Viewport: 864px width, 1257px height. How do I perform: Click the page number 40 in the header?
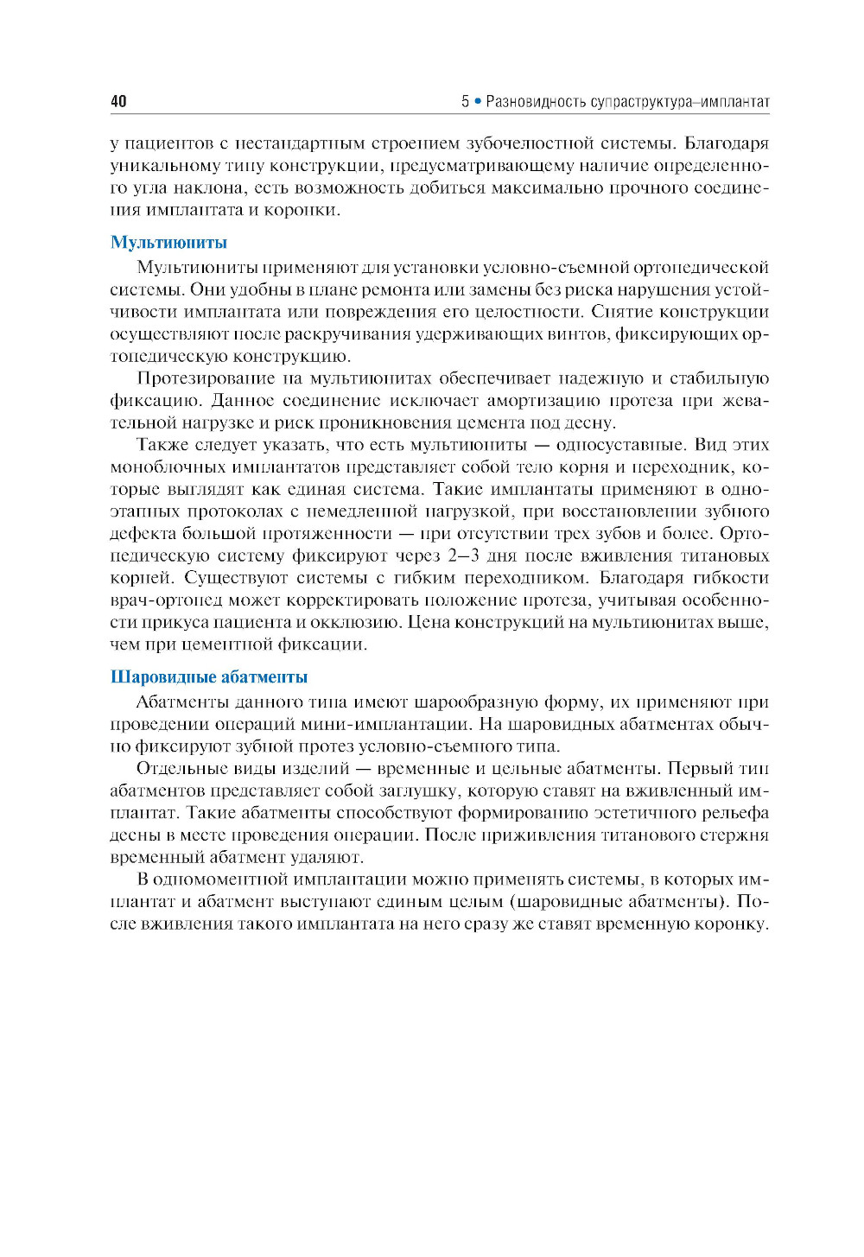click(x=118, y=102)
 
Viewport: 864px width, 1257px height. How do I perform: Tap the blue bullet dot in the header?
click(x=476, y=102)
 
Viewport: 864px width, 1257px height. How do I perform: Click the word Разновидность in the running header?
click(x=536, y=102)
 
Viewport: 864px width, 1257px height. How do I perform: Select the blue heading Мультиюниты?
click(x=168, y=243)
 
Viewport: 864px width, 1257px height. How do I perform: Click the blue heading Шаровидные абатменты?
click(x=209, y=677)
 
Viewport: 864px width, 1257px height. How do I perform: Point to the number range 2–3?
click(x=463, y=555)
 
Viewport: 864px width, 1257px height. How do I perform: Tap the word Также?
click(x=162, y=445)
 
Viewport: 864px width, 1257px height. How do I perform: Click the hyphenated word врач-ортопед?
click(x=167, y=600)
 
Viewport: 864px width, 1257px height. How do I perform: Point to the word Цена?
click(x=431, y=622)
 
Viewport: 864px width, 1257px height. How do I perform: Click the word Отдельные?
click(x=181, y=769)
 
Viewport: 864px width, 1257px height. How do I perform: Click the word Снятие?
click(x=620, y=312)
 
